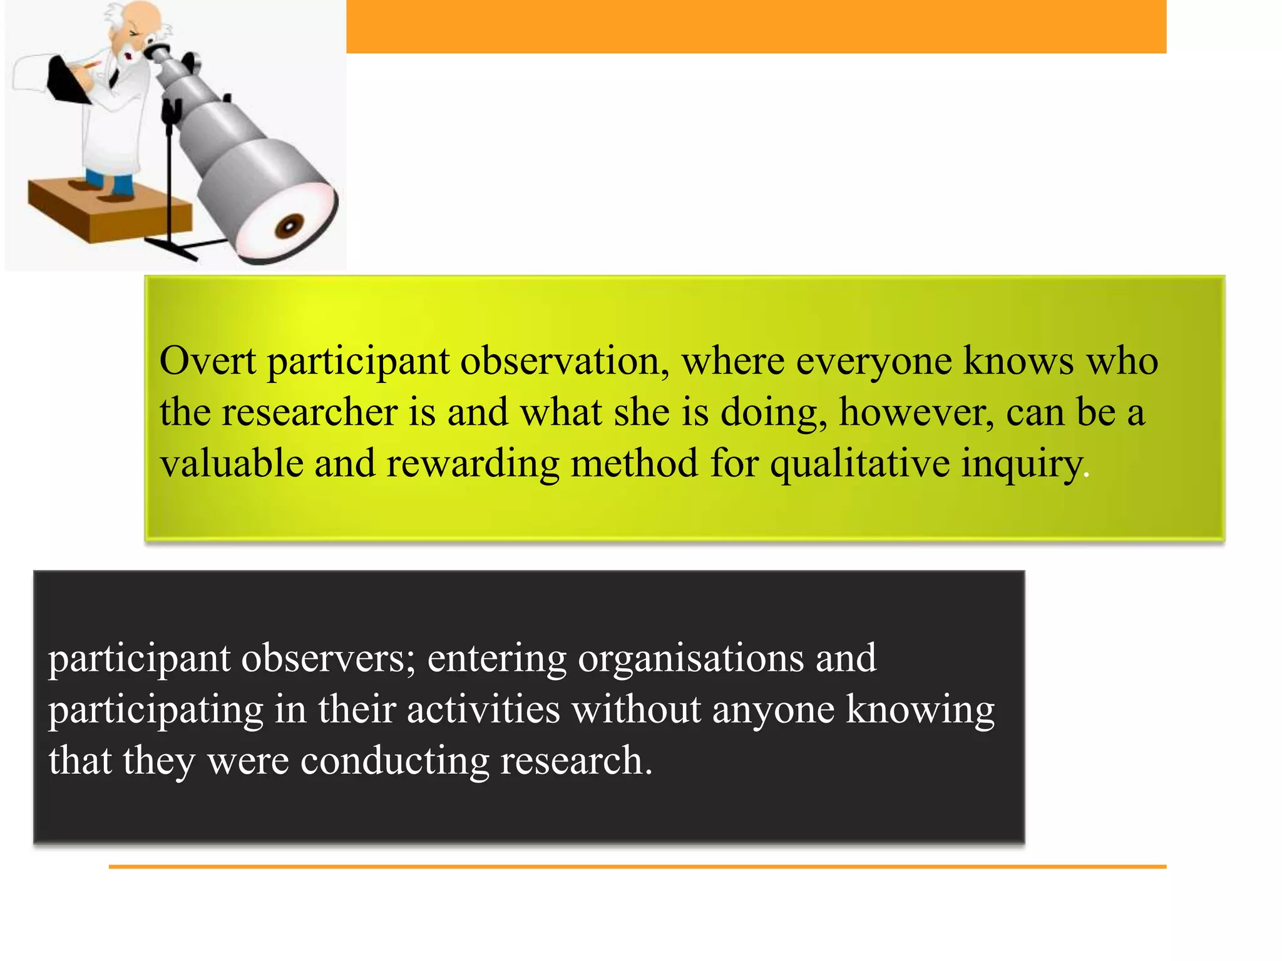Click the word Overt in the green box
[207, 362]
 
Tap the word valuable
[231, 463]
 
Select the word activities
[483, 709]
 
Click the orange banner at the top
[756, 26]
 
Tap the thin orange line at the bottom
[637, 867]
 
